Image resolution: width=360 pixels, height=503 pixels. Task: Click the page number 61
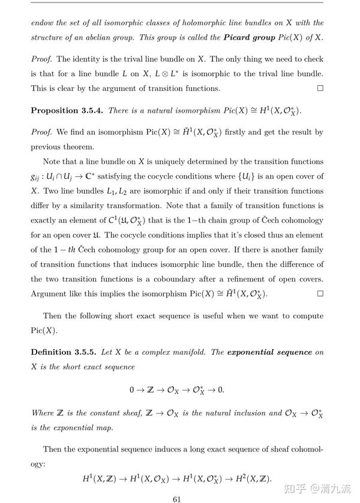177,498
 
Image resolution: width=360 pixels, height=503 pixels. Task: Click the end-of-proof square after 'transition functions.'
320,88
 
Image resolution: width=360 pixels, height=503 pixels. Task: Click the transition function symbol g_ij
37,177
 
